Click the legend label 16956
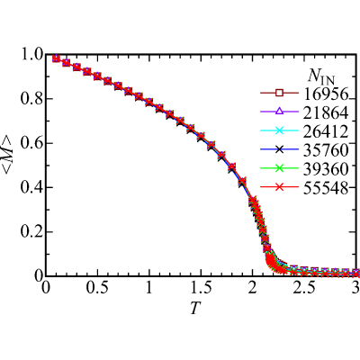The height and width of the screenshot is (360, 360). [x=326, y=94]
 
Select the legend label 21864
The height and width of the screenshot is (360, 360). [x=326, y=112]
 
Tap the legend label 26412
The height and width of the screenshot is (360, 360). [x=326, y=131]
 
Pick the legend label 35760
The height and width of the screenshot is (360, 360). [x=326, y=150]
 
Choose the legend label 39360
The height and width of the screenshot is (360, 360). [x=326, y=168]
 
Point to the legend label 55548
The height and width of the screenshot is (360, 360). [x=326, y=187]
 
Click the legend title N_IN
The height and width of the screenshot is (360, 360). [x=321, y=77]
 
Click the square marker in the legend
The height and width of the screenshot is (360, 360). [x=279, y=93]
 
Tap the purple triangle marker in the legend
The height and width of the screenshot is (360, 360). [x=279, y=112]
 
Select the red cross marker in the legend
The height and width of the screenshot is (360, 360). [x=279, y=187]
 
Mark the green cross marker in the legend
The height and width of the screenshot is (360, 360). [x=279, y=168]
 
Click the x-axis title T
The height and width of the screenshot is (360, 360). [x=195, y=308]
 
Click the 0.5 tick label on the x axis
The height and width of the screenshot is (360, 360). [x=97, y=288]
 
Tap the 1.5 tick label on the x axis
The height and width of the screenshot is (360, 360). [x=201, y=288]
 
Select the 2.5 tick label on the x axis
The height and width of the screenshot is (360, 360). [x=304, y=288]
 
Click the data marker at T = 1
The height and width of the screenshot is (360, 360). [x=149, y=103]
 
